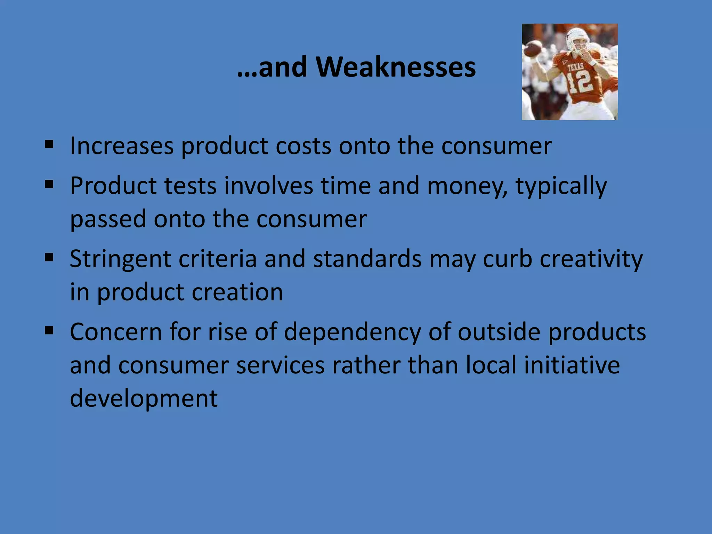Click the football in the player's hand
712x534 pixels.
533,49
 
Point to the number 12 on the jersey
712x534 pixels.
579,82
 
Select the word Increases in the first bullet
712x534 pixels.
122,146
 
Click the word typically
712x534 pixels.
561,186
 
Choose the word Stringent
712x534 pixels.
120,259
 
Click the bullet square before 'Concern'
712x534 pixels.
49,330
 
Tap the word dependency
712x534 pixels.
352,332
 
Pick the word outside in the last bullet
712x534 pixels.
499,332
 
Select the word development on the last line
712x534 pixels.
144,398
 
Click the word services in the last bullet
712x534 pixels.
280,365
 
